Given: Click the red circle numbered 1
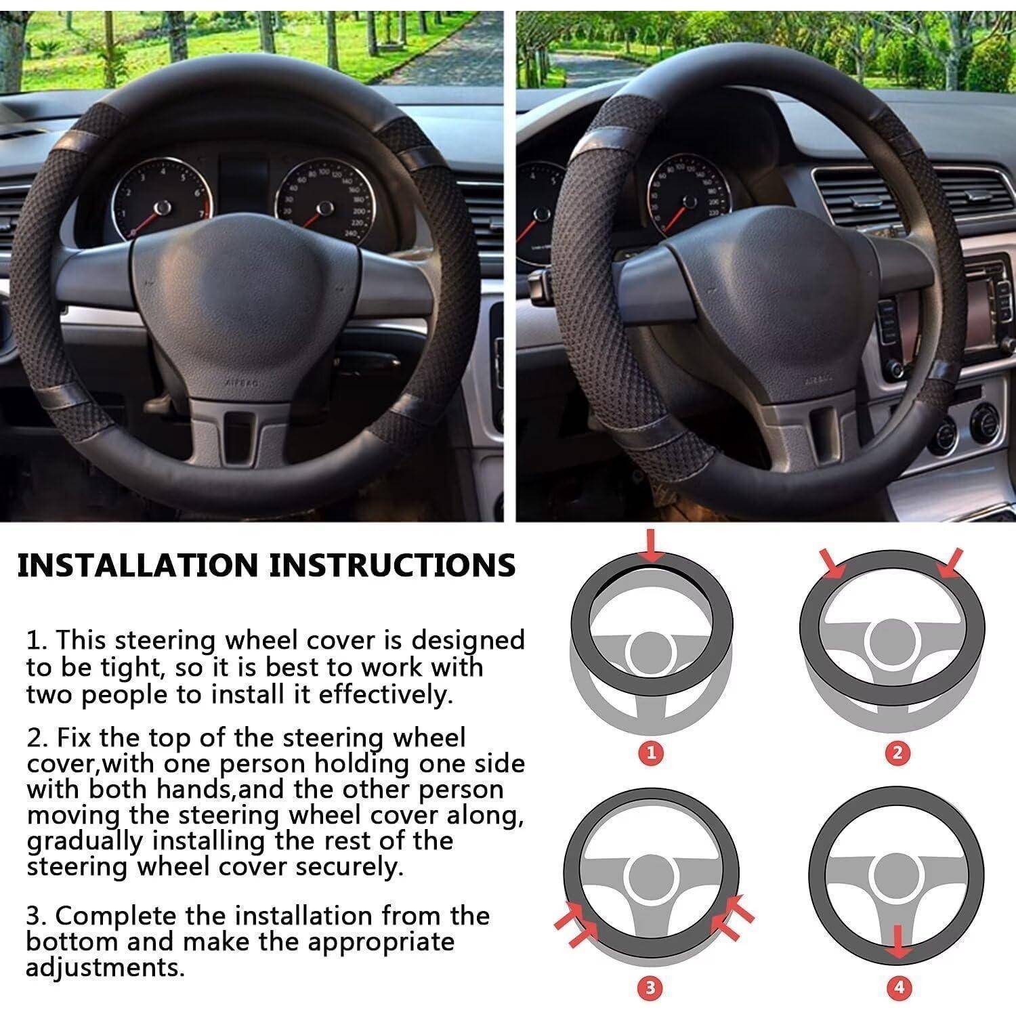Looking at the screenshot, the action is [x=652, y=753].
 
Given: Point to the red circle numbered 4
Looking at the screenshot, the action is [x=899, y=988].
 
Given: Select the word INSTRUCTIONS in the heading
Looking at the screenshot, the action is [x=393, y=565].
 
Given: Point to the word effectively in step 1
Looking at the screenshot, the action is [x=385, y=696].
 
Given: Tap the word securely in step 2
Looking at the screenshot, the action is [x=345, y=868].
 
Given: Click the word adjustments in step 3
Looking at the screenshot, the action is [x=105, y=968].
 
